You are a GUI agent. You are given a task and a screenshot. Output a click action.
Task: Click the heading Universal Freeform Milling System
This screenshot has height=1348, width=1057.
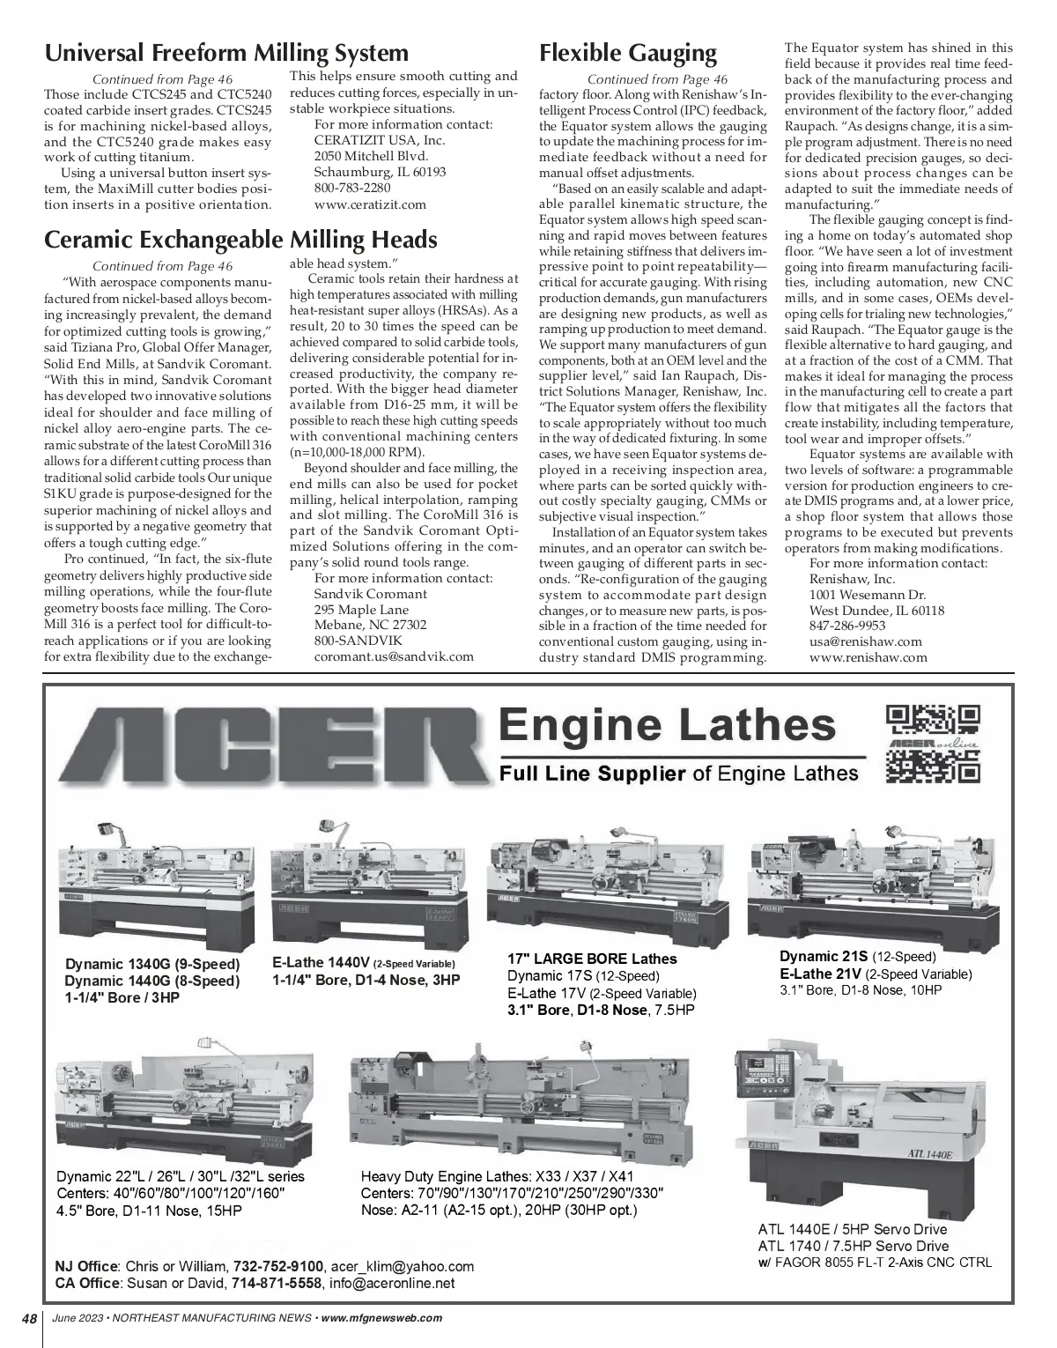(x=226, y=53)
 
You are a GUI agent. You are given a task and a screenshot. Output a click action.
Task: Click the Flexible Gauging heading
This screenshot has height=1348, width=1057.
(x=628, y=53)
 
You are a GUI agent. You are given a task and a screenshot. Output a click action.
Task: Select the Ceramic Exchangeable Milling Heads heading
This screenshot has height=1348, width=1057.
(x=240, y=240)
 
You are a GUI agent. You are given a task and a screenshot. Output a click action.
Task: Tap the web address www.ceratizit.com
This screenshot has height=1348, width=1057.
(x=370, y=204)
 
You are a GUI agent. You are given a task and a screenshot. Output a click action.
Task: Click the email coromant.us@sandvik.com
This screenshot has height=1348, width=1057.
(x=394, y=656)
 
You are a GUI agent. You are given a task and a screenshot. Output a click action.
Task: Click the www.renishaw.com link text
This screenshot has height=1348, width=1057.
(x=868, y=657)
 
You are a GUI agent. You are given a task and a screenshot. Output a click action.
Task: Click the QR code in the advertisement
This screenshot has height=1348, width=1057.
(x=932, y=744)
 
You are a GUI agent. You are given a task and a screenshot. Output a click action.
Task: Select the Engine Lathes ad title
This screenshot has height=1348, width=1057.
(x=667, y=725)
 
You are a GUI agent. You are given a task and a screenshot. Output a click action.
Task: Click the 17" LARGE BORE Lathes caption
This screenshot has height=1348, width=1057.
(x=592, y=959)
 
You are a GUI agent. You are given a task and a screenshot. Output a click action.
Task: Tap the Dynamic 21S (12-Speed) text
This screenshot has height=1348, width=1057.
(x=857, y=957)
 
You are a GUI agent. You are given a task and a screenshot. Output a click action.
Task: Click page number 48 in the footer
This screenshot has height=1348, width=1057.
(x=29, y=1319)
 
